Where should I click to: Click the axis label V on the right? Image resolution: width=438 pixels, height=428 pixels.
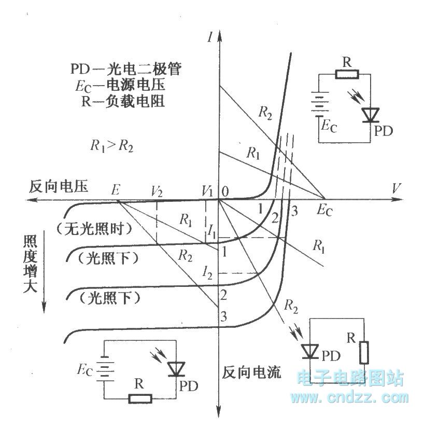point(397,189)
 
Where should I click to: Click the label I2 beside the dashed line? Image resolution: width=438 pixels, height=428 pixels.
point(208,271)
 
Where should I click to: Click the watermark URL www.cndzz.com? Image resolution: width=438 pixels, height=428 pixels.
point(349,398)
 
